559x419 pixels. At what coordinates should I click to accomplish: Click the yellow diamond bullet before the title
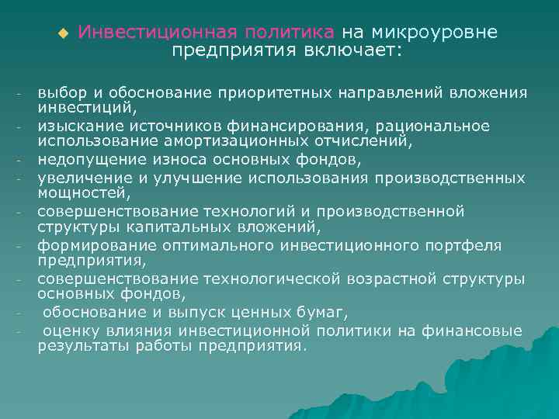[63, 33]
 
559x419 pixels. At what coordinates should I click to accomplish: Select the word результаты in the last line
[78, 346]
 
